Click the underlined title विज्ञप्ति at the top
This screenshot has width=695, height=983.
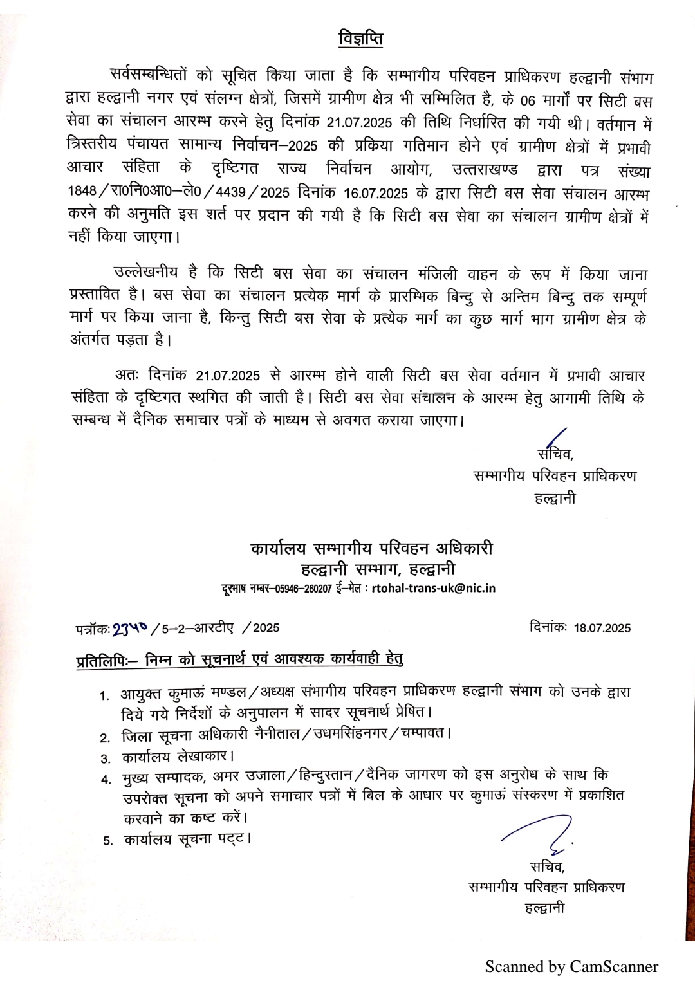click(361, 39)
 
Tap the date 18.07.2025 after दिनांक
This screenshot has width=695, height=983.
click(602, 628)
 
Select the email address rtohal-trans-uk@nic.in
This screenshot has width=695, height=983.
click(434, 588)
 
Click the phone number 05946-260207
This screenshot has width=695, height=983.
click(304, 589)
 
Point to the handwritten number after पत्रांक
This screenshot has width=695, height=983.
click(129, 629)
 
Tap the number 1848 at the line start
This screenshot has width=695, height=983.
click(82, 191)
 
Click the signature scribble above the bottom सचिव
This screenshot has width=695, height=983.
click(541, 834)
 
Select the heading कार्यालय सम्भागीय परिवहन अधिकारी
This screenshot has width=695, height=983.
click(372, 548)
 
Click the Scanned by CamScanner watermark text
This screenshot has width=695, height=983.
click(571, 966)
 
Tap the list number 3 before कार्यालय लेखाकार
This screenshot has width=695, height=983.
click(106, 758)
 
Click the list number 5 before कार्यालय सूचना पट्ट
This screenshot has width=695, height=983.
click(107, 841)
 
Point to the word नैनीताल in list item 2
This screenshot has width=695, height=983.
click(277, 734)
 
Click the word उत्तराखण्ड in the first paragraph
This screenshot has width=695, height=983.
click(485, 170)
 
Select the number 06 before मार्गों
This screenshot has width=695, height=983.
click(528, 100)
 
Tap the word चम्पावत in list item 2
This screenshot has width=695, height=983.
click(422, 733)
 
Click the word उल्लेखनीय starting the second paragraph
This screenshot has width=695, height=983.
click(146, 272)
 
